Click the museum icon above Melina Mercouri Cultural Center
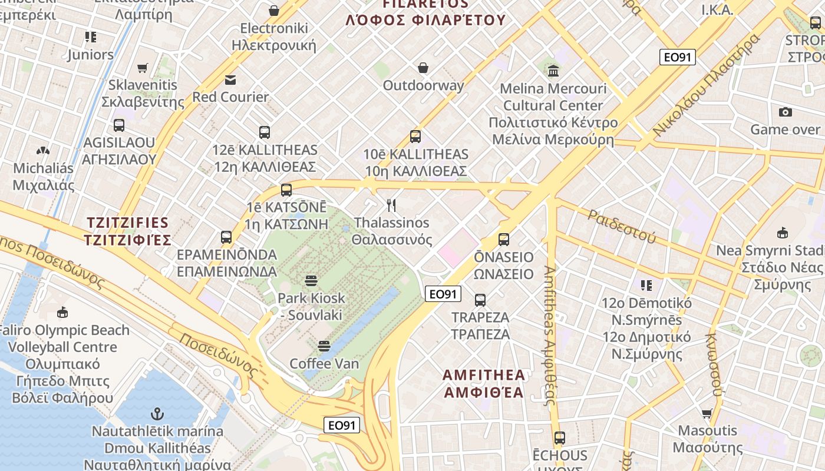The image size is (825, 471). coord(553,71)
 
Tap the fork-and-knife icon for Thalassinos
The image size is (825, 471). coord(391,205)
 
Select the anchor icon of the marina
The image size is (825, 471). coord(157,413)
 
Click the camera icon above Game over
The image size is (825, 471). coord(785,112)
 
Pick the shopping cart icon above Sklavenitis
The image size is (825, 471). coord(143,68)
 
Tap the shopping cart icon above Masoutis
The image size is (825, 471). coord(707,413)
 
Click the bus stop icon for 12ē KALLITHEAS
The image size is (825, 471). coord(265,132)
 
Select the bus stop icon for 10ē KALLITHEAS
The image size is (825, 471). coord(415,137)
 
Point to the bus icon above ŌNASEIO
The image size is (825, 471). coord(504,240)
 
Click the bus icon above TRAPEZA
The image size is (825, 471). coord(480,300)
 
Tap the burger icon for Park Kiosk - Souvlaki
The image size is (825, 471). coord(311,281)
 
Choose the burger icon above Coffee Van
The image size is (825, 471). coord(324,346)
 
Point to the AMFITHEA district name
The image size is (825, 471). coord(484,383)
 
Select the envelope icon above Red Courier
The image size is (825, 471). coord(230,79)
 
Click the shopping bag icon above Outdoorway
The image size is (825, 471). coord(423,68)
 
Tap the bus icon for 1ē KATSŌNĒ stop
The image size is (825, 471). coord(286,190)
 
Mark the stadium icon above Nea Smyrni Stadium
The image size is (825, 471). coord(783,233)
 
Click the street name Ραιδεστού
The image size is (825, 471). coord(621,225)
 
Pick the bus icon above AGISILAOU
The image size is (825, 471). coord(119,125)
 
